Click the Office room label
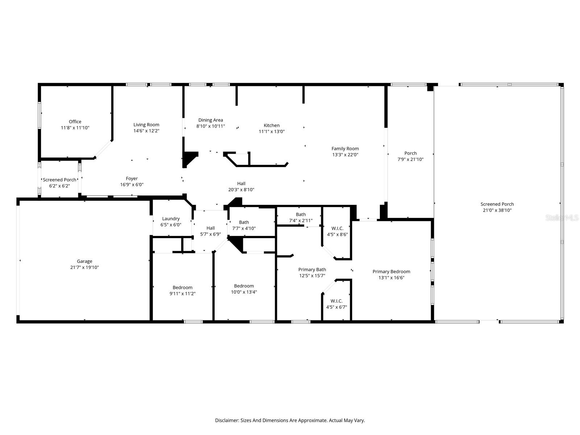click(x=75, y=121)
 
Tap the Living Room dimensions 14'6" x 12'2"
click(x=146, y=131)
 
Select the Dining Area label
click(x=211, y=120)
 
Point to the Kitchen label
click(x=272, y=125)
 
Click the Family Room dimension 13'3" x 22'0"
click(x=345, y=155)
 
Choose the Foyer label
click(x=132, y=179)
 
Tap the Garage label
click(x=84, y=261)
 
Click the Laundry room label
click(x=171, y=219)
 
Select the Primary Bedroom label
click(x=391, y=272)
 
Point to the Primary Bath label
click(x=312, y=269)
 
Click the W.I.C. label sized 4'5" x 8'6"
click(x=337, y=228)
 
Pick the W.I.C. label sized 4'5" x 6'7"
click(x=336, y=301)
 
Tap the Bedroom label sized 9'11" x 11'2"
click(x=183, y=287)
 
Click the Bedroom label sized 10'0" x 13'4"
click(x=244, y=286)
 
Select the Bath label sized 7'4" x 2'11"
click(x=301, y=215)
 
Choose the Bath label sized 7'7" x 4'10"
click(x=244, y=222)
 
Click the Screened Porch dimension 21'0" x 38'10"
click(x=497, y=210)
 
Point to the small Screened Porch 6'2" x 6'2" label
click(x=59, y=180)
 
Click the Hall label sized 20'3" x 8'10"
click(x=241, y=183)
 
